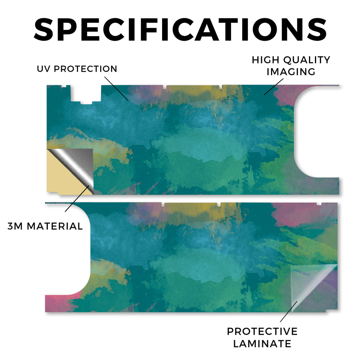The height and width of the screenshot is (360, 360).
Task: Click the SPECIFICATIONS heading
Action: (180, 30)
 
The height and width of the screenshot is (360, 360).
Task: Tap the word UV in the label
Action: (44, 69)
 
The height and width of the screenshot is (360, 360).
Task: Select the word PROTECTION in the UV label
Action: (85, 69)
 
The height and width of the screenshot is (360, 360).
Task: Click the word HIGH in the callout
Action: (265, 60)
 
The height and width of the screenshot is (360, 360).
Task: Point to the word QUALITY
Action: (307, 60)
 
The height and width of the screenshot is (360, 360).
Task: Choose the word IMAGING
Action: (291, 72)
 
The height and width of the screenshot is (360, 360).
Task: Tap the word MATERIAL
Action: (54, 226)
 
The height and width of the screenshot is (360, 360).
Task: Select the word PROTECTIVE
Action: (262, 332)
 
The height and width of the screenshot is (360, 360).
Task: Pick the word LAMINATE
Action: (262, 344)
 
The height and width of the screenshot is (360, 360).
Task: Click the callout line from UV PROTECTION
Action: (116, 89)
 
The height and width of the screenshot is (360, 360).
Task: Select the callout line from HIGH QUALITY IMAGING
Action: (274, 86)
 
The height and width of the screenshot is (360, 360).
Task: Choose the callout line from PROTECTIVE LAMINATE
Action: (289, 311)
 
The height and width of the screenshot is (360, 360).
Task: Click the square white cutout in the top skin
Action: (86, 94)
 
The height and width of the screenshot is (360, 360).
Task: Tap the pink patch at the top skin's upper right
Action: (287, 94)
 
